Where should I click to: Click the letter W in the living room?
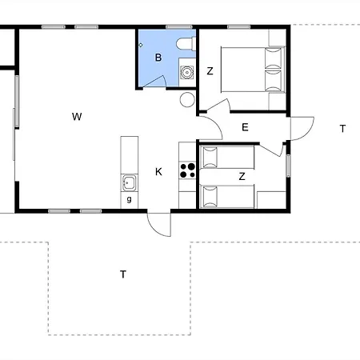(77, 117)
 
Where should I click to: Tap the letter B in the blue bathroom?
(158, 58)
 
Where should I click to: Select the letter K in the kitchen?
(158, 172)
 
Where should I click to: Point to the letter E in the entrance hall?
(245, 127)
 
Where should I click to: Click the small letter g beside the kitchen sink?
(130, 199)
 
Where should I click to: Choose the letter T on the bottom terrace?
(123, 274)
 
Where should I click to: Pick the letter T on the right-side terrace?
(342, 129)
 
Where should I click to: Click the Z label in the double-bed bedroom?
(210, 71)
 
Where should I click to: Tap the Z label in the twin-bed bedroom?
(242, 176)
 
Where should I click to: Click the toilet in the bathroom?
(186, 43)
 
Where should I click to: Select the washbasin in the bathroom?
(187, 72)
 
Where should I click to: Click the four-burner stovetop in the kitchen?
(187, 170)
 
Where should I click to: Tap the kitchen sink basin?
(130, 183)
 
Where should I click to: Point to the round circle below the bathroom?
(187, 99)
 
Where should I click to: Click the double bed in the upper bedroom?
(253, 70)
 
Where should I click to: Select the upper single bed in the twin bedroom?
(227, 157)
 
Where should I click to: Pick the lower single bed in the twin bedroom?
(227, 197)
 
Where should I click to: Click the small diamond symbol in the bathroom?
(141, 45)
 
